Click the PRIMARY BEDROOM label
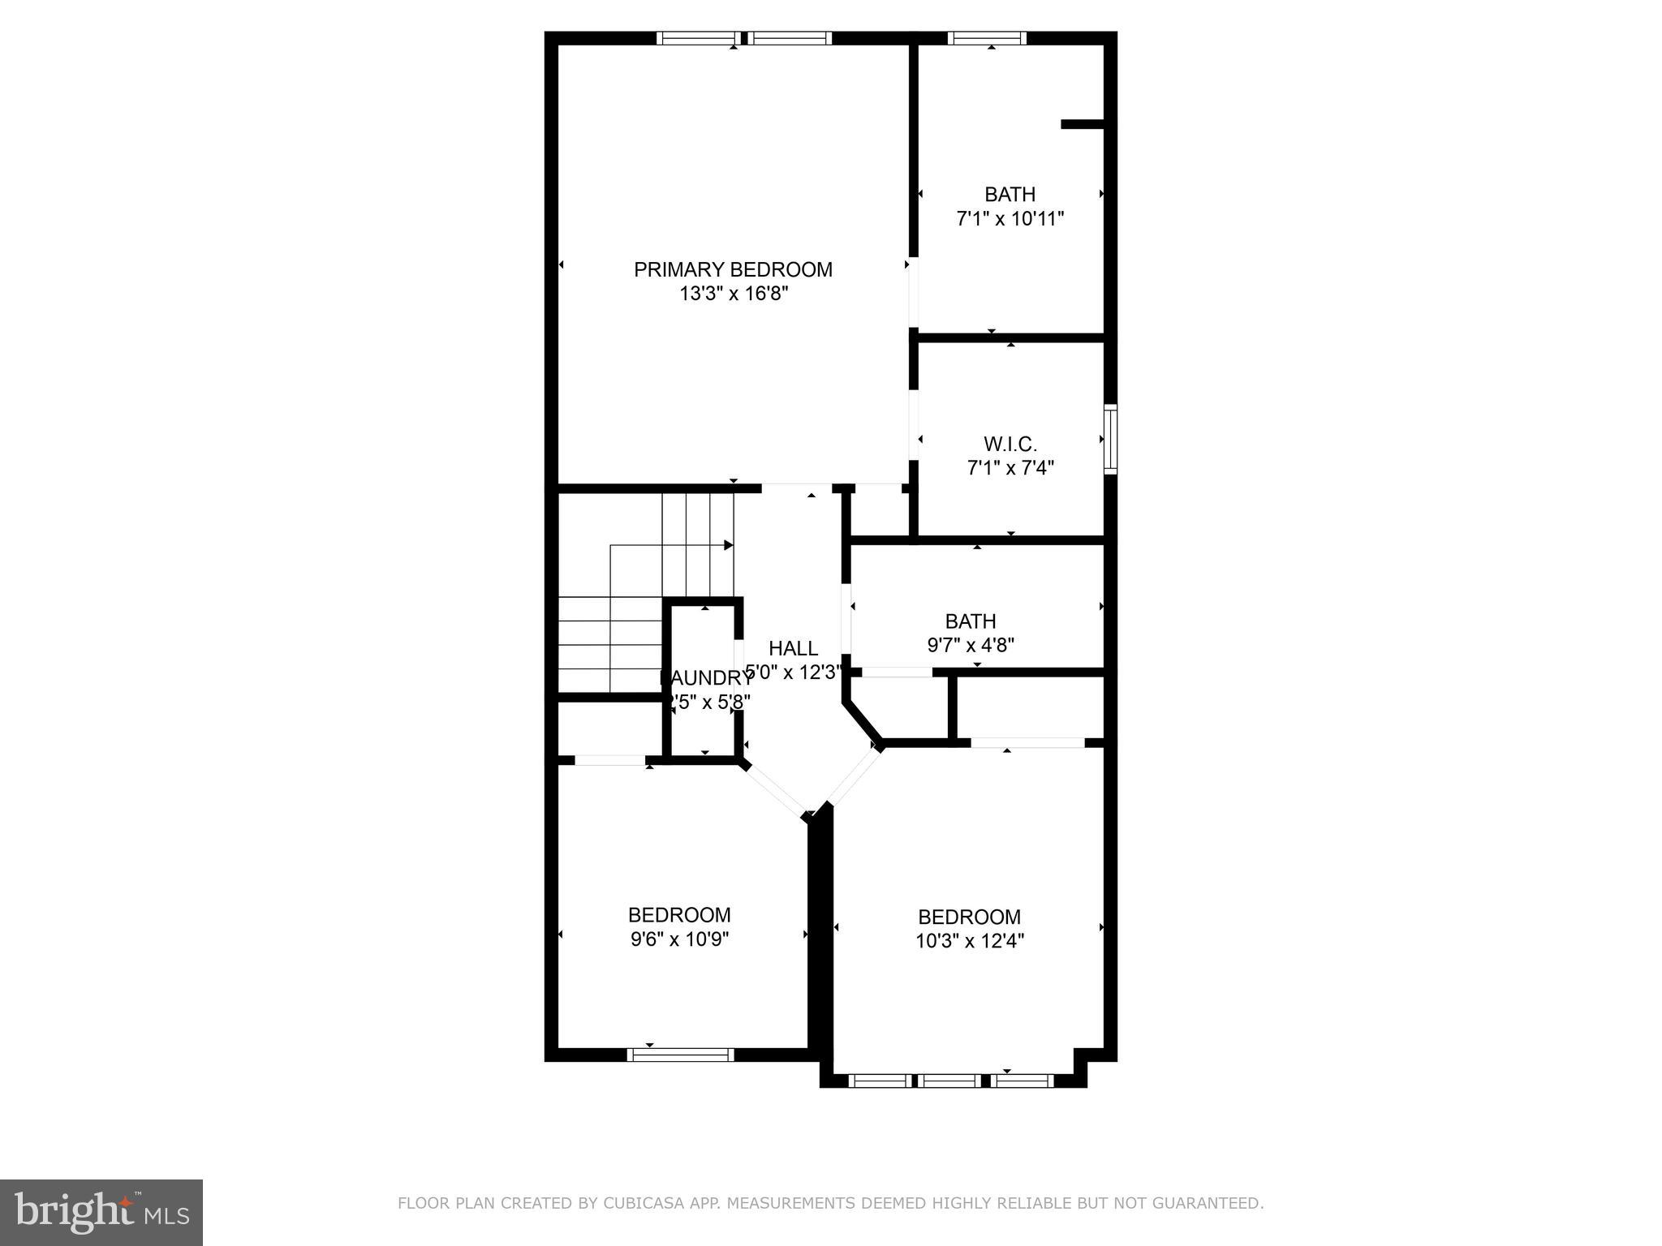pyautogui.click(x=733, y=270)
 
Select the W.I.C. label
pyautogui.click(x=1010, y=445)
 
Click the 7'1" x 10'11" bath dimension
pyautogui.click(x=1010, y=219)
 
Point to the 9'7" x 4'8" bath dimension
pyautogui.click(x=971, y=646)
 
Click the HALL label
pyautogui.click(x=793, y=649)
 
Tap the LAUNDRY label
pyautogui.click(x=705, y=678)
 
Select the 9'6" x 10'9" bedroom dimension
pyautogui.click(x=679, y=940)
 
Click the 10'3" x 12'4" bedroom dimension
pyautogui.click(x=970, y=942)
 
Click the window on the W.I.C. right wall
pyautogui.click(x=1111, y=439)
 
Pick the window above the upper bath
pyautogui.click(x=987, y=38)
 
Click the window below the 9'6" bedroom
pyautogui.click(x=680, y=1055)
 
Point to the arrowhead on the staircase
pyautogui.click(x=729, y=545)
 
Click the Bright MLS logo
pyautogui.click(x=101, y=1212)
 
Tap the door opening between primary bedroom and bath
pyautogui.click(x=913, y=292)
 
